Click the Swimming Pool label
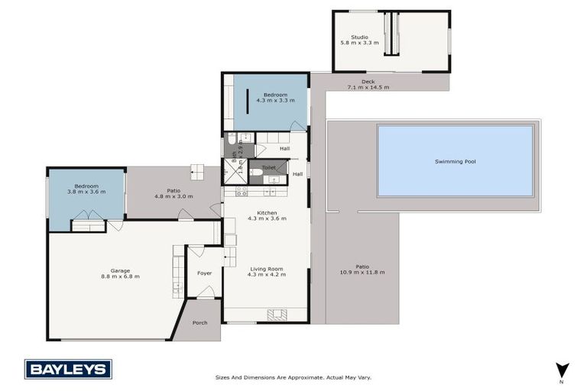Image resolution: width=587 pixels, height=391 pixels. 456,161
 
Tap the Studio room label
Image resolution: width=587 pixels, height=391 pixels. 359,37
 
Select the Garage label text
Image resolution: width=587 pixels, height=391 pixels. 120,270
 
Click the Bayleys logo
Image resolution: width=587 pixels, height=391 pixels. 68,369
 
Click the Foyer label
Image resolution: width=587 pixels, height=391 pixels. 204,273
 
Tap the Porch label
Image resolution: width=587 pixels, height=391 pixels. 199,323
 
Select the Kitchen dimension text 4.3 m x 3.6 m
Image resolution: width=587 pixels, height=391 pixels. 267,218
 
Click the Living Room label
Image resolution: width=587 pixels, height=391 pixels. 267,269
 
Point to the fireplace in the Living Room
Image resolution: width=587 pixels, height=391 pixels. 277,313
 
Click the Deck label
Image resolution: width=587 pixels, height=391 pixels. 368,82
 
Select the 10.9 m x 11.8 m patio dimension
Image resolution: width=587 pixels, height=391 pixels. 362,272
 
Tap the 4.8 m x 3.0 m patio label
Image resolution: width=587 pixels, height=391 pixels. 174,196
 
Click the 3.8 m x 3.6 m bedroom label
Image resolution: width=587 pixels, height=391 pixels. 86,192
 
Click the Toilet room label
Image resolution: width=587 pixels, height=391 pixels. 268,167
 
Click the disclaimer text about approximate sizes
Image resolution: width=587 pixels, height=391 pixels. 293,377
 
